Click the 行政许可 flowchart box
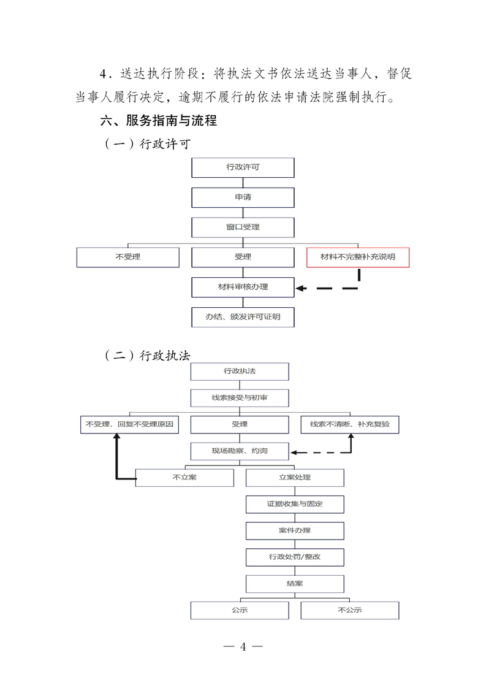pos(243,167)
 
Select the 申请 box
pos(243,197)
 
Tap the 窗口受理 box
pos(243,227)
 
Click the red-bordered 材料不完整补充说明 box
pos(358,257)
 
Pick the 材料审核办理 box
pos(243,287)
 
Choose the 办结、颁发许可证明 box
pos(243,317)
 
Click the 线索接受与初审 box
pos(240,397)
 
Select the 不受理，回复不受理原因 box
pos(129,424)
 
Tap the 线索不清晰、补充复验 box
pos(350,424)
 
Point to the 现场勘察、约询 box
pos(240,451)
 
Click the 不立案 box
pos(184,478)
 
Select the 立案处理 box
pos(295,478)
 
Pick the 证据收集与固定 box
pos(295,504)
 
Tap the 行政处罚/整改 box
pos(295,557)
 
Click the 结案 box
pos(295,583)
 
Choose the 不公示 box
pos(350,610)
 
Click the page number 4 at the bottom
pos(243,647)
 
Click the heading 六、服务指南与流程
pos(159,121)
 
